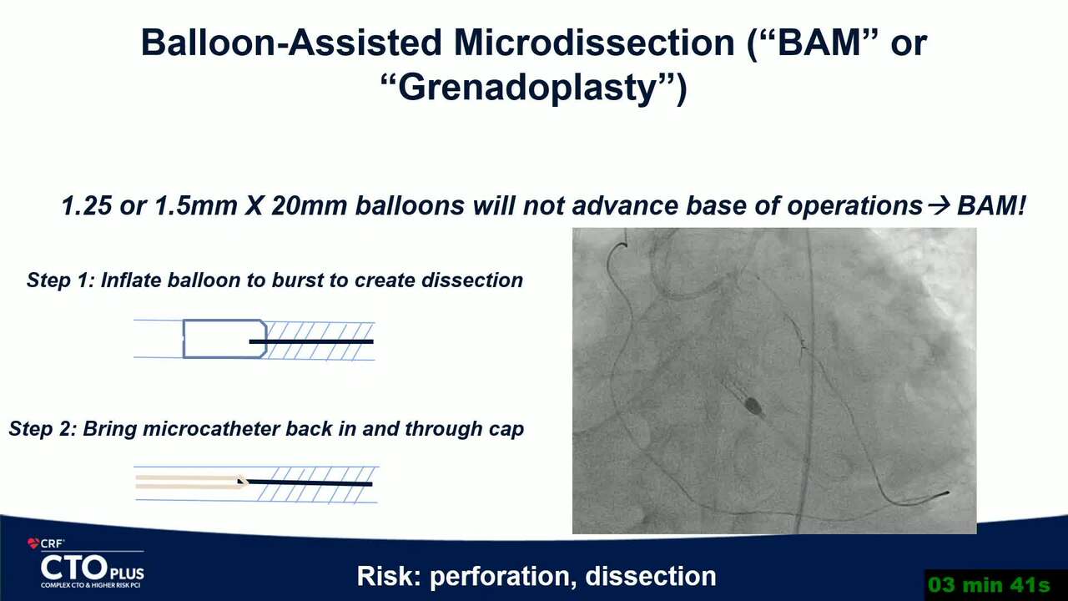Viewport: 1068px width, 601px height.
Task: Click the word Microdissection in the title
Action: pos(594,43)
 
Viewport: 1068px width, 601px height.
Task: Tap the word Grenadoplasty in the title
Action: pos(528,88)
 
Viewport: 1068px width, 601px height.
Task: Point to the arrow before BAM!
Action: pos(940,206)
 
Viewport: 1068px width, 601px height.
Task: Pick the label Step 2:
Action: pos(42,429)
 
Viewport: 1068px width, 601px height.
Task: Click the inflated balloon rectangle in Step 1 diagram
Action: pos(224,339)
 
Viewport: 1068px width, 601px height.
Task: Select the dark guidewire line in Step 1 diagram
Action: pos(311,341)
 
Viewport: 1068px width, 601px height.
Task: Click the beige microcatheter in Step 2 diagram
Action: pos(191,482)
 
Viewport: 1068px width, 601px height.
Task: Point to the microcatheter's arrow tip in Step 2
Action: pos(243,482)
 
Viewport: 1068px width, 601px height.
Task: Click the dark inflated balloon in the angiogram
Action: pos(753,406)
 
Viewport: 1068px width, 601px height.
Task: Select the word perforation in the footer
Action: pos(501,576)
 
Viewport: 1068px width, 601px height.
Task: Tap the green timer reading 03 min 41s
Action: pos(990,585)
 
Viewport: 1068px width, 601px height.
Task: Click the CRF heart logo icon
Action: pos(33,543)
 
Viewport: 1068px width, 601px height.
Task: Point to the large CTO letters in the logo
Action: pos(74,568)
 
